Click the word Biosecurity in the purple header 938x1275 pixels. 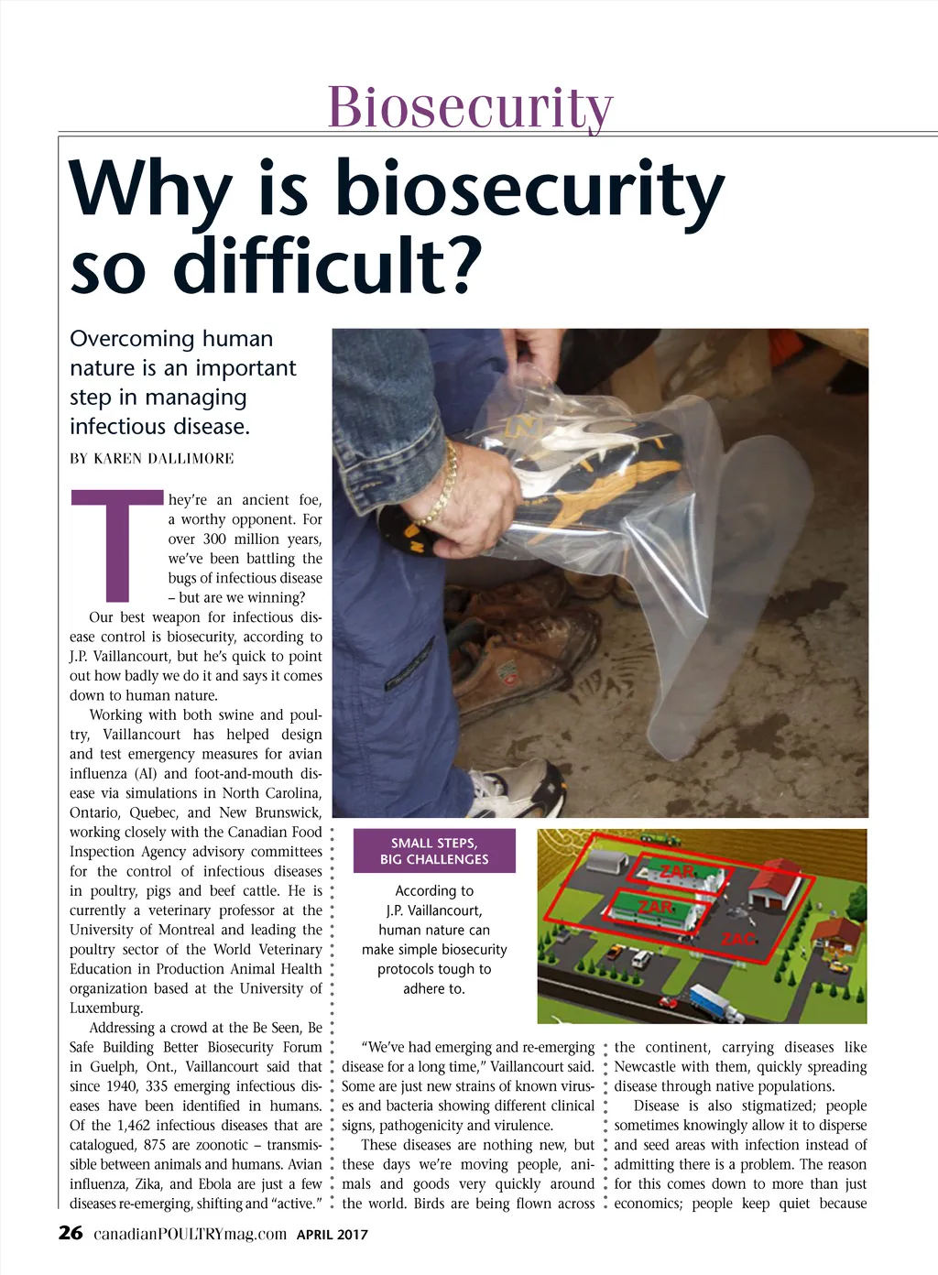tap(470, 108)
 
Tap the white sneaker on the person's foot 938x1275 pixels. tap(518, 789)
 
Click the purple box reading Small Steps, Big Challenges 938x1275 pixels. tap(434, 851)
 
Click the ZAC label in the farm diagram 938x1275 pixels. tap(737, 939)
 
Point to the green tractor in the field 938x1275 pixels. tap(668, 837)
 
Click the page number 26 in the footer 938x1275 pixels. tap(71, 1233)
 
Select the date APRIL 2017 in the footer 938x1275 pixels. tap(333, 1235)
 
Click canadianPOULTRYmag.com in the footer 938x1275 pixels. tap(190, 1234)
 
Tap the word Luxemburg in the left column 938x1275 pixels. tap(106, 1008)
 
